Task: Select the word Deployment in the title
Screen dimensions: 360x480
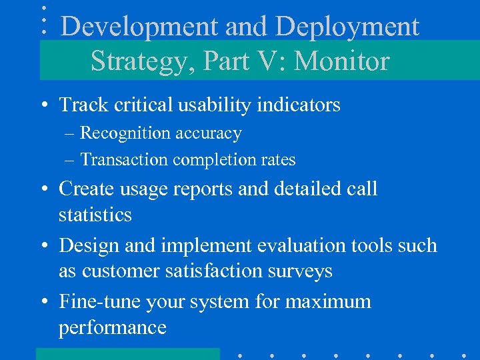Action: (347, 27)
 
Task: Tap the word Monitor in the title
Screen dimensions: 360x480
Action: (341, 61)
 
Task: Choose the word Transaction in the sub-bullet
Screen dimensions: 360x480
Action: (124, 160)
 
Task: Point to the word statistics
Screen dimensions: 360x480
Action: (95, 215)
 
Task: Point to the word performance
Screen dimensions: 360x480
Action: (112, 327)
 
